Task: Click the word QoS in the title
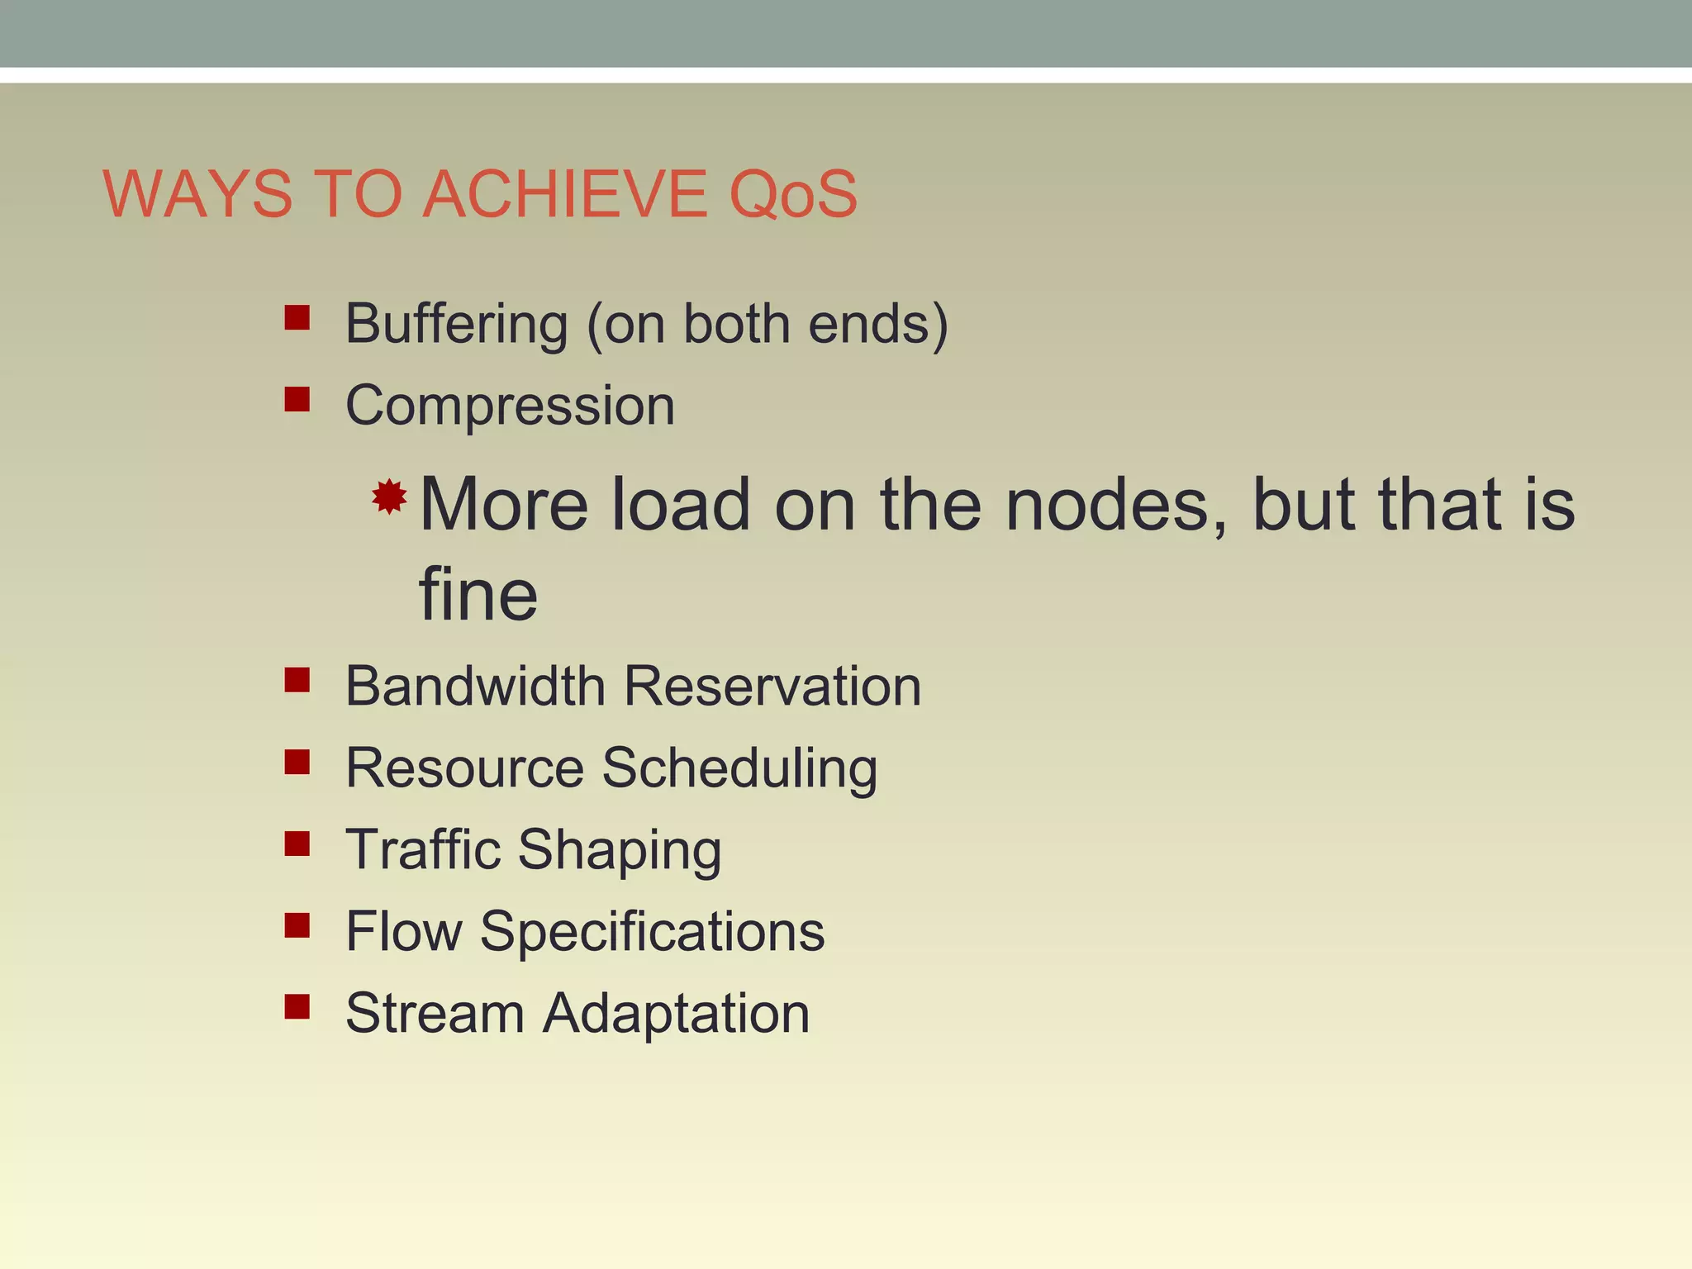[x=793, y=195]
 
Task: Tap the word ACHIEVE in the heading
[x=565, y=195]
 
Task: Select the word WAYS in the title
[x=198, y=195]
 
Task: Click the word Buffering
[x=456, y=324]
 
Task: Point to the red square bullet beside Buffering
[x=297, y=318]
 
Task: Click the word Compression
[x=510, y=406]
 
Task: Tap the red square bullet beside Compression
[x=297, y=400]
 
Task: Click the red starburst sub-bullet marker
[x=389, y=497]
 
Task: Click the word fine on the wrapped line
[x=478, y=595]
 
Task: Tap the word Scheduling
[x=739, y=768]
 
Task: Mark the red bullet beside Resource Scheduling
[x=297, y=762]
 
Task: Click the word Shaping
[x=620, y=851]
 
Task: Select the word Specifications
[x=652, y=932]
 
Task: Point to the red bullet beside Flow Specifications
[x=297, y=925]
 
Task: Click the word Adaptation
[x=676, y=1013]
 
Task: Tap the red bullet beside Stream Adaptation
[x=297, y=1006]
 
